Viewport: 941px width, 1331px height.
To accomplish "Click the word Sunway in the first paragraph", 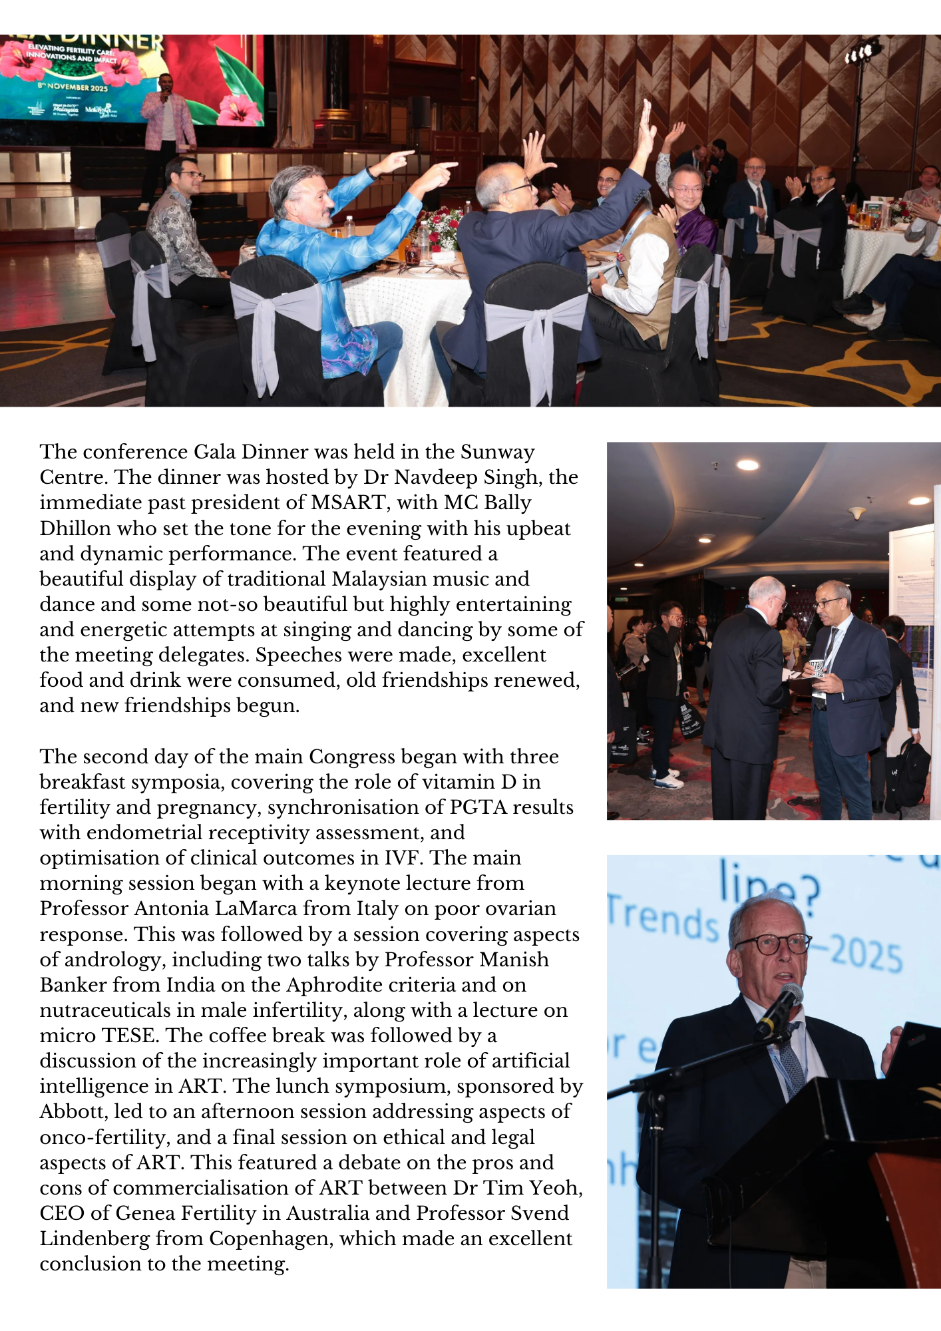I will pos(497,452).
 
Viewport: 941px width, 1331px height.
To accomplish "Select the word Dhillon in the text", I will pos(75,528).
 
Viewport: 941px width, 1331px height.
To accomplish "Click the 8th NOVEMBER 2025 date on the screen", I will pos(73,87).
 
